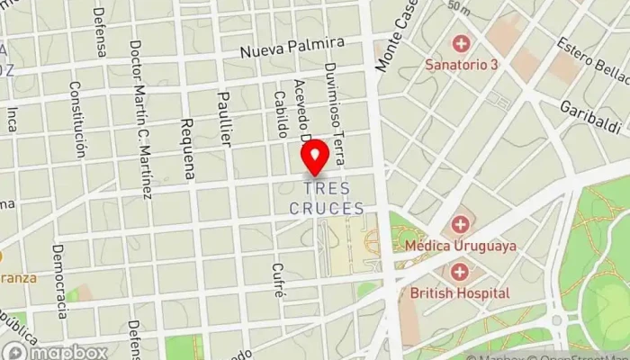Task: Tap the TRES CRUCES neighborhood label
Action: (x=327, y=199)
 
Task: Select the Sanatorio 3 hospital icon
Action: (x=462, y=43)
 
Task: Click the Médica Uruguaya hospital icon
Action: (x=460, y=223)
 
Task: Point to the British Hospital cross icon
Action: (x=460, y=271)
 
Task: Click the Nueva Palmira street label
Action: (x=292, y=48)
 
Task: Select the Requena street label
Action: (x=187, y=148)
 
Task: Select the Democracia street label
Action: (x=60, y=281)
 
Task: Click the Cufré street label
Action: (x=280, y=280)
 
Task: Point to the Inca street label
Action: (x=12, y=119)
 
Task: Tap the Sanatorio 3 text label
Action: (x=462, y=65)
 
